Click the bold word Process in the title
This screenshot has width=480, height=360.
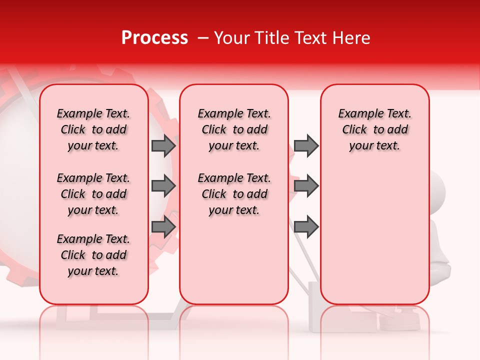point(154,38)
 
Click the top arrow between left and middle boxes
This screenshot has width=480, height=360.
point(163,145)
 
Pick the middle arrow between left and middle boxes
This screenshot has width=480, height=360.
point(163,186)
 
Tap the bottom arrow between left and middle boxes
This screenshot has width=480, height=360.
point(163,227)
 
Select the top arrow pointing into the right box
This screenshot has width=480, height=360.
point(306,145)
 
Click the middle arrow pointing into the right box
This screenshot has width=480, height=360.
point(306,186)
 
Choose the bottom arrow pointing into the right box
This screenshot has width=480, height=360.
point(306,227)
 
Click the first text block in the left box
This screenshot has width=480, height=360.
point(93,129)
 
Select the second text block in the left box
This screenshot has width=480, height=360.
point(93,194)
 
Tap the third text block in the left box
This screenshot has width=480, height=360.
point(93,255)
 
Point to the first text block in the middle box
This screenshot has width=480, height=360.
point(234,129)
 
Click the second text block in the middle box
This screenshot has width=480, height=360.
point(234,194)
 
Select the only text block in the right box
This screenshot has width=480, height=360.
point(374,129)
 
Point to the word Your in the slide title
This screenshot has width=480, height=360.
point(229,38)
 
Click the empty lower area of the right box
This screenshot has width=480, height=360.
point(374,235)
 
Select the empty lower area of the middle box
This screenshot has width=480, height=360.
point(234,260)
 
